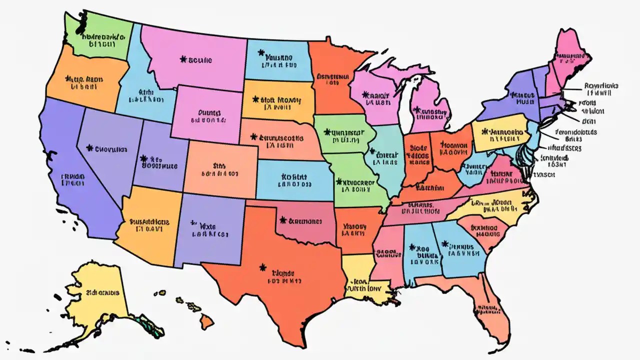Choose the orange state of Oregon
pyautogui.click(x=82, y=82)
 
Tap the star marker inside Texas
pyautogui.click(x=262, y=268)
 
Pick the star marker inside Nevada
pyautogui.click(x=90, y=148)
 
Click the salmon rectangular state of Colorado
pyautogui.click(x=220, y=167)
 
